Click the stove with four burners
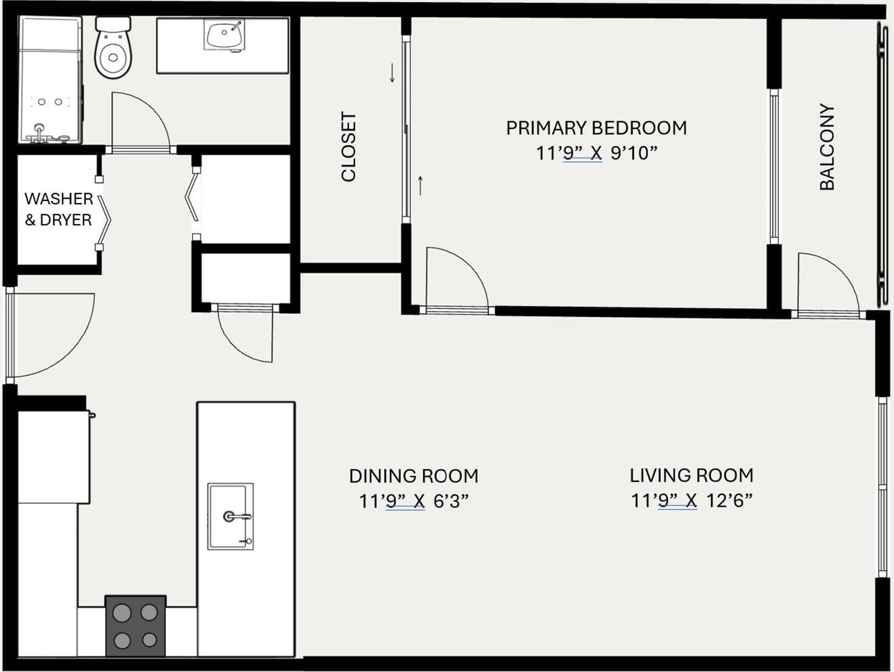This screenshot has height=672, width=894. point(135,625)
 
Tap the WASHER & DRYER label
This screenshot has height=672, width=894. point(59,209)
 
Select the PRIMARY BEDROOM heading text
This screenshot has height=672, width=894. point(596,128)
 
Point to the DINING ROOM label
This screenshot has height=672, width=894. point(413,476)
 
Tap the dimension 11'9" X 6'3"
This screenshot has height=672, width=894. point(413,501)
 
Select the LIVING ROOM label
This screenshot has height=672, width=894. point(691,476)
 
